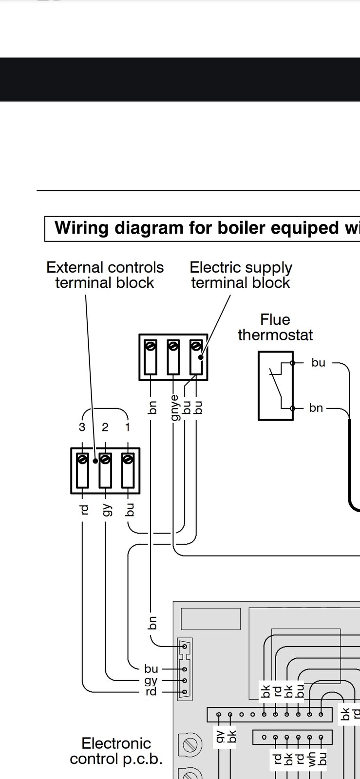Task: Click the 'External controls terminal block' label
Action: (x=105, y=275)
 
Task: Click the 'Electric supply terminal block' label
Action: (x=241, y=275)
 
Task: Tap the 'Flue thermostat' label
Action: (x=275, y=327)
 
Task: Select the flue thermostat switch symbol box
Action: (x=275, y=385)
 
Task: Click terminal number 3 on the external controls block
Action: (x=82, y=427)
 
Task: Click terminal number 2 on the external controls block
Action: (x=105, y=427)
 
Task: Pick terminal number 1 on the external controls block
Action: (x=128, y=427)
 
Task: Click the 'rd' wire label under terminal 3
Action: (x=84, y=510)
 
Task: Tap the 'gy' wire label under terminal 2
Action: (x=106, y=510)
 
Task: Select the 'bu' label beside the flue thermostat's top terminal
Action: (x=318, y=363)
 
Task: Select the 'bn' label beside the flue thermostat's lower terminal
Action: (x=316, y=408)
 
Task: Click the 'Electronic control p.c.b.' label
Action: (x=116, y=751)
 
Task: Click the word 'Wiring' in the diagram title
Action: (x=81, y=228)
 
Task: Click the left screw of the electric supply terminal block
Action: (x=151, y=346)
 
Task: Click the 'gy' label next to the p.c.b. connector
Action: (x=151, y=681)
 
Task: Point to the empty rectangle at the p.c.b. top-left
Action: (x=210, y=618)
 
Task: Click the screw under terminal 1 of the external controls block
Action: (x=128, y=459)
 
